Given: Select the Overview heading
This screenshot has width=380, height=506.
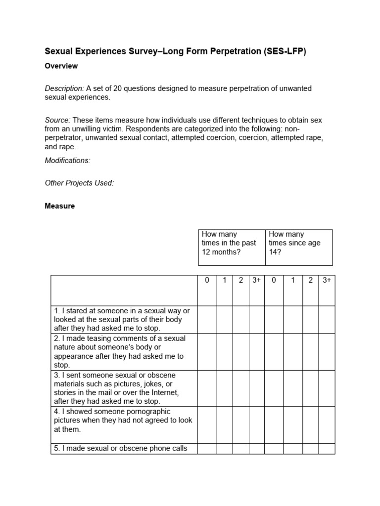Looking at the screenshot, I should pyautogui.click(x=61, y=66).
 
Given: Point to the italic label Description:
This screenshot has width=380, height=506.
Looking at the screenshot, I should pyautogui.click(x=64, y=88).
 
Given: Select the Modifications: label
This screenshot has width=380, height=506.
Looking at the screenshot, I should pyautogui.click(x=68, y=161).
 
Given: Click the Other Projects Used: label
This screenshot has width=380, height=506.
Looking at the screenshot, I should pyautogui.click(x=79, y=183).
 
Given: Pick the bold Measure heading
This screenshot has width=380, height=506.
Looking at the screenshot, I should pyautogui.click(x=60, y=206).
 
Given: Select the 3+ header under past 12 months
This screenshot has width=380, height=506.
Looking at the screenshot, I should pyautogui.click(x=256, y=280).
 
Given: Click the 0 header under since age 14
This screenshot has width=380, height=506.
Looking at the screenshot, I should pyautogui.click(x=273, y=280).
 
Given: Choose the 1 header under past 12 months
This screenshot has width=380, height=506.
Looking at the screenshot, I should pyautogui.click(x=224, y=280).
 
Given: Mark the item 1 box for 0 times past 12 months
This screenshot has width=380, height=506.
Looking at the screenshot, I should pyautogui.click(x=207, y=319).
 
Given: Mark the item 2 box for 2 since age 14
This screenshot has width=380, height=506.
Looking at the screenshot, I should pyautogui.click(x=310, y=351).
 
